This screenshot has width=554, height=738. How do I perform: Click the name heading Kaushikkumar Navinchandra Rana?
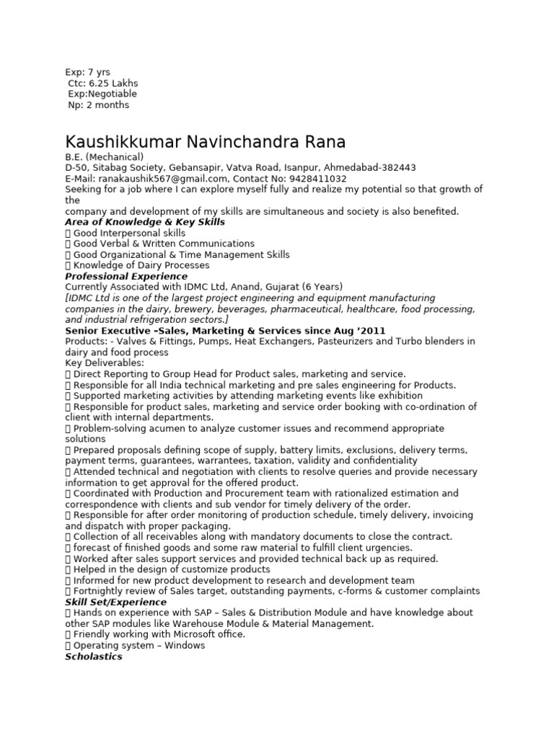206,141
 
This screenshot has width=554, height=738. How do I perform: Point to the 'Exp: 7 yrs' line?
87,72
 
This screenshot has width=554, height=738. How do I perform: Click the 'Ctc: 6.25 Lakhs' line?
103,83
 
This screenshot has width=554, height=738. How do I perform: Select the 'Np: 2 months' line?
99,105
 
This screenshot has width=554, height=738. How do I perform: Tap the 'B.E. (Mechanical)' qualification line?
105,157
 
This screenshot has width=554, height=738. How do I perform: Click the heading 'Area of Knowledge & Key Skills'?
145,222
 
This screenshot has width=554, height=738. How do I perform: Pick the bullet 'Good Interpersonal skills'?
128,234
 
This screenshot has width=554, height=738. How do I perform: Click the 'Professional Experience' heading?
126,277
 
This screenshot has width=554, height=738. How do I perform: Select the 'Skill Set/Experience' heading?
115,602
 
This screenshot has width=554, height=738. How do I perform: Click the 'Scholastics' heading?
94,657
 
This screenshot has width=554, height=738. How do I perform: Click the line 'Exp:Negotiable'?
102,94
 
